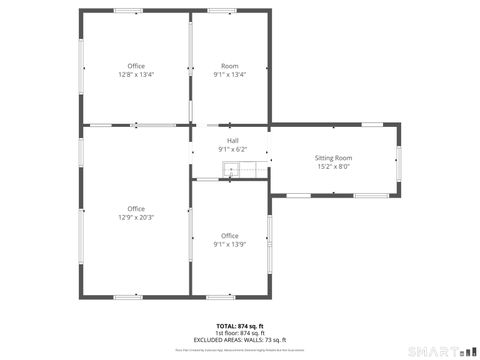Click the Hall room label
click(x=232, y=141)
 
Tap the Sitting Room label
click(x=334, y=158)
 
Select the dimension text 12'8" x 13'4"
click(x=136, y=75)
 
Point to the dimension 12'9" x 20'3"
click(x=136, y=217)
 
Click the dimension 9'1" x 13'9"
click(x=230, y=244)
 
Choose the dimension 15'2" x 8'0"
click(x=334, y=167)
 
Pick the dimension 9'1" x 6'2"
click(x=232, y=150)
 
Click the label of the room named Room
click(x=230, y=66)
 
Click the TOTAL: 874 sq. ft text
click(x=240, y=326)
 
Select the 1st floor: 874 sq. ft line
click(x=240, y=333)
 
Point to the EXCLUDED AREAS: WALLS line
click(x=240, y=340)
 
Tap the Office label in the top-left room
click(x=136, y=66)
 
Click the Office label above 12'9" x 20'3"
click(x=136, y=208)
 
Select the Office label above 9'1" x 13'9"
click(x=230, y=235)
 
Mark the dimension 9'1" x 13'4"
click(x=230, y=75)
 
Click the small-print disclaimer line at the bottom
click(x=240, y=350)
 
